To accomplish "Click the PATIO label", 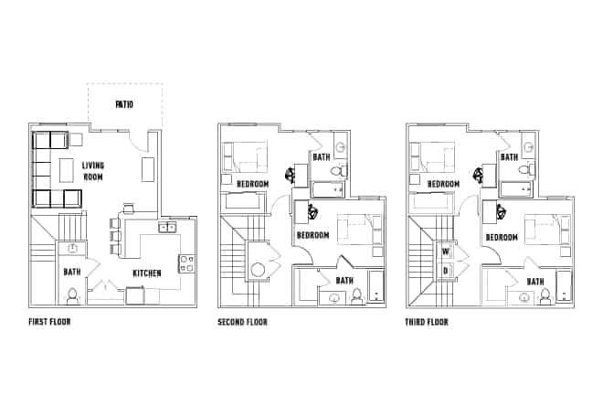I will click(x=124, y=104).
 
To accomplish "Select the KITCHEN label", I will click(x=147, y=273).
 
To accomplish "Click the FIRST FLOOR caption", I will click(x=50, y=322).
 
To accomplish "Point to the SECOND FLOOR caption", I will click(x=242, y=322).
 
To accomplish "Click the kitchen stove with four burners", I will click(x=185, y=263).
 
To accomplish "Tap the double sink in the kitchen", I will click(x=167, y=228).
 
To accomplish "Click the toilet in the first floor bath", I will click(x=72, y=294).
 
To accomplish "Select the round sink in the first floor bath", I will click(x=72, y=248).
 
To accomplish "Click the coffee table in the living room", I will click(x=67, y=170).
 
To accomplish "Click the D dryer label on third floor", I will click(x=445, y=270).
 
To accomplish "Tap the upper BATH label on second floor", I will click(x=322, y=156).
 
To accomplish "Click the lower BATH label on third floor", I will click(x=534, y=281).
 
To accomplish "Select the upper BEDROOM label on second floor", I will click(x=252, y=184).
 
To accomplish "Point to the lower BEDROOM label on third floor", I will click(x=502, y=237).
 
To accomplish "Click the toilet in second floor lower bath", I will click(x=356, y=295).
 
